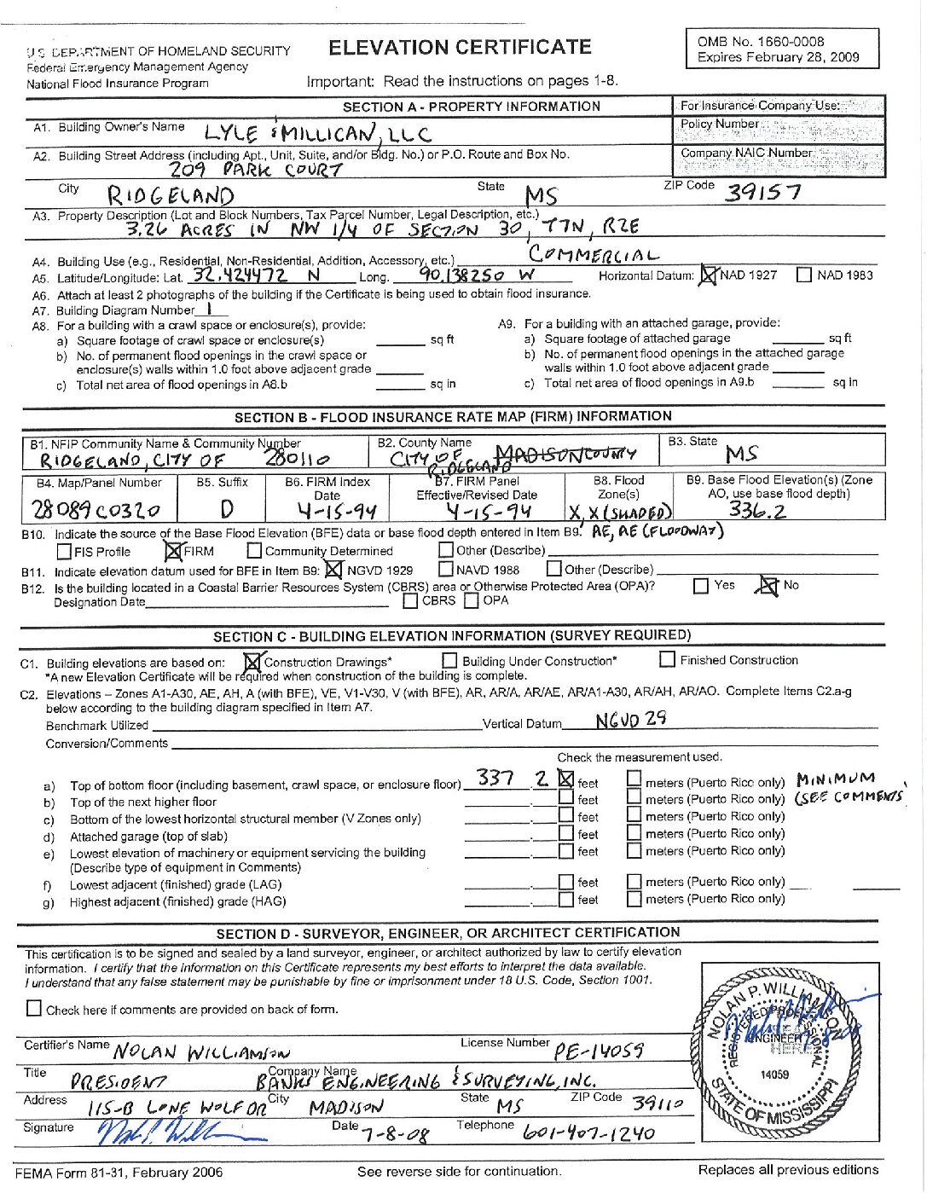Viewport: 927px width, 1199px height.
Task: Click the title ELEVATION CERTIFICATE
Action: (x=460, y=48)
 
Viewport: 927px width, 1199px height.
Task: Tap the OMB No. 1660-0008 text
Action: (x=760, y=41)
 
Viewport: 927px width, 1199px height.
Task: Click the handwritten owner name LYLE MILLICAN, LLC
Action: (x=317, y=133)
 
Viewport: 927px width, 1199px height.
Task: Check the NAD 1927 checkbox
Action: (x=709, y=275)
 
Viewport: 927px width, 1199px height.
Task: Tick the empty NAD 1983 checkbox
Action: (x=803, y=275)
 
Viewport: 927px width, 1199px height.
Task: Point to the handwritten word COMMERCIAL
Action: (x=594, y=254)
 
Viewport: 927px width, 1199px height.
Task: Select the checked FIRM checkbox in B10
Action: (x=175, y=551)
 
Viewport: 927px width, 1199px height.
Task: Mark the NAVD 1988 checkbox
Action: (x=446, y=569)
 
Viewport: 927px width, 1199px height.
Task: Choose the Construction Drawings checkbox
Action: (x=252, y=661)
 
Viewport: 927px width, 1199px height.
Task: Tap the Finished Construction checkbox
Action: (x=668, y=659)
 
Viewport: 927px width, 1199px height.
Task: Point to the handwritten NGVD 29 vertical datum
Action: (x=631, y=720)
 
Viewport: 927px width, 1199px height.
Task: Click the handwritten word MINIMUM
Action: (x=835, y=779)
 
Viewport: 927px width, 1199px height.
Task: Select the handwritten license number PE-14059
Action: (x=599, y=1051)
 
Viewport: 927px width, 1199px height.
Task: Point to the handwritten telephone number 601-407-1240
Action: (x=589, y=1133)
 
